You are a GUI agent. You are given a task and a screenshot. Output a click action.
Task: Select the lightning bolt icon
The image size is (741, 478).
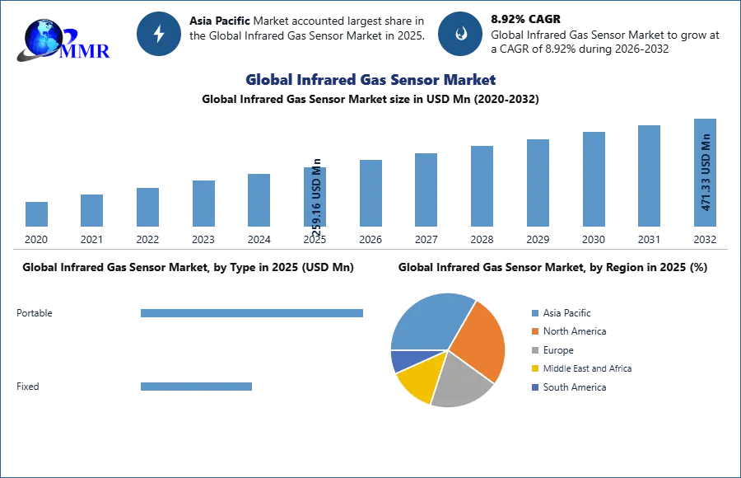click(159, 34)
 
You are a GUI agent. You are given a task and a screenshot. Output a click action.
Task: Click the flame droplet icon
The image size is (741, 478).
click(460, 34)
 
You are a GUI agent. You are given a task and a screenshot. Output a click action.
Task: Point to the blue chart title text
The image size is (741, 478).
click(371, 80)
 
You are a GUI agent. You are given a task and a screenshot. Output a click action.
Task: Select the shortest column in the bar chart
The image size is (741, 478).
click(36, 213)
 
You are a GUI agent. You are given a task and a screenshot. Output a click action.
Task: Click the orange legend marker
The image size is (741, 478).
click(534, 331)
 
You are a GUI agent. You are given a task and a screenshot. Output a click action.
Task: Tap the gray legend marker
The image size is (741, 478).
click(534, 350)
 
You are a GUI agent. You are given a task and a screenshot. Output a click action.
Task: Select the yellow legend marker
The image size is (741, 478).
click(534, 369)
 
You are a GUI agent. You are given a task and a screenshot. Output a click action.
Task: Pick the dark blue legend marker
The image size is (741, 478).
click(534, 388)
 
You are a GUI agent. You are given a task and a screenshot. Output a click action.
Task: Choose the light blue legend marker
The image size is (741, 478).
click(534, 312)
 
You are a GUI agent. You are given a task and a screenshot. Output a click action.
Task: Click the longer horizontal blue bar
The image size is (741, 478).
click(253, 313)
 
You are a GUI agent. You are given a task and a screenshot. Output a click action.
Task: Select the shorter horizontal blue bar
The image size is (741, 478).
click(197, 388)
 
